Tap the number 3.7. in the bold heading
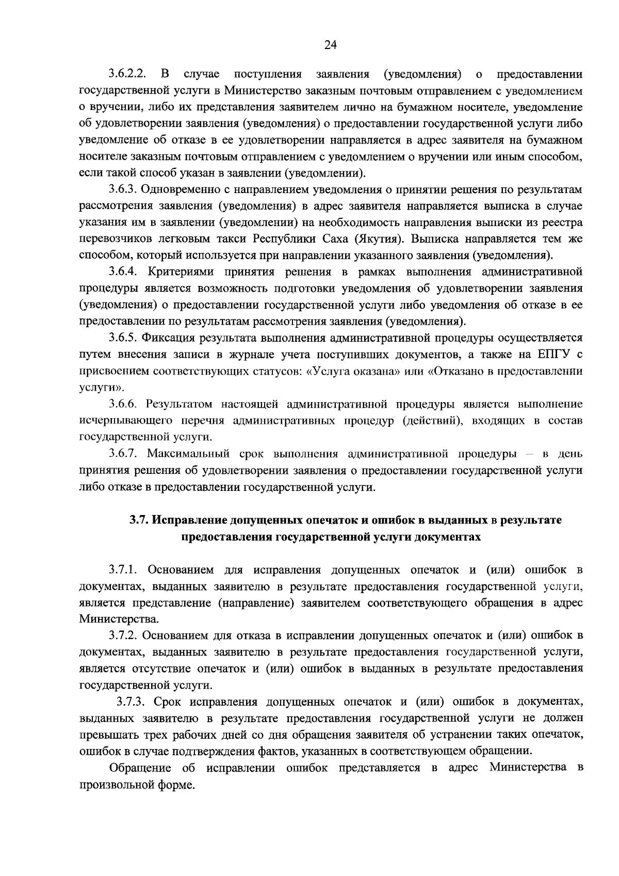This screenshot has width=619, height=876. (x=139, y=520)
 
